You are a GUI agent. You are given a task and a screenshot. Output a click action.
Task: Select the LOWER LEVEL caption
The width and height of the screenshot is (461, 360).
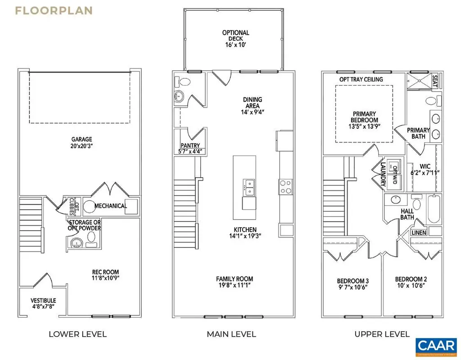(x=77, y=334)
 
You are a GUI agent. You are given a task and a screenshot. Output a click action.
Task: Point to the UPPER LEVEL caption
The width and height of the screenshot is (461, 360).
(x=382, y=334)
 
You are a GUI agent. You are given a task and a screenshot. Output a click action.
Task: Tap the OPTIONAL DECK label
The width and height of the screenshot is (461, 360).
(x=235, y=33)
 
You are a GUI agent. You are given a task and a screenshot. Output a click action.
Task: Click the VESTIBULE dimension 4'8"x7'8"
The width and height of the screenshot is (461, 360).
(x=43, y=307)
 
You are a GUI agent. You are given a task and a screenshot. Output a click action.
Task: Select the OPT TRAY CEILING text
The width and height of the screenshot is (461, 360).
(x=361, y=80)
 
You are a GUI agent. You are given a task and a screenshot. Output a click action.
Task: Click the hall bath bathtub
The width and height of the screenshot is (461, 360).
(x=434, y=209)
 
